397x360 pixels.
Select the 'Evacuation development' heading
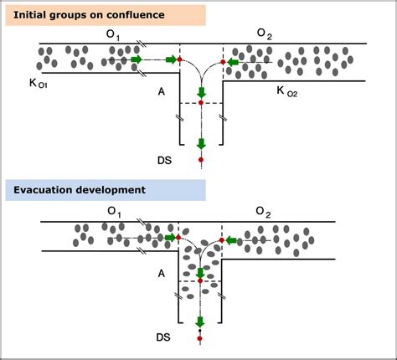pyautogui.click(x=80, y=190)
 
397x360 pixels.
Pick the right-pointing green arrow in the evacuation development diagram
pyautogui.click(x=173, y=239)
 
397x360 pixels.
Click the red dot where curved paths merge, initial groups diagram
pyautogui.click(x=201, y=102)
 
